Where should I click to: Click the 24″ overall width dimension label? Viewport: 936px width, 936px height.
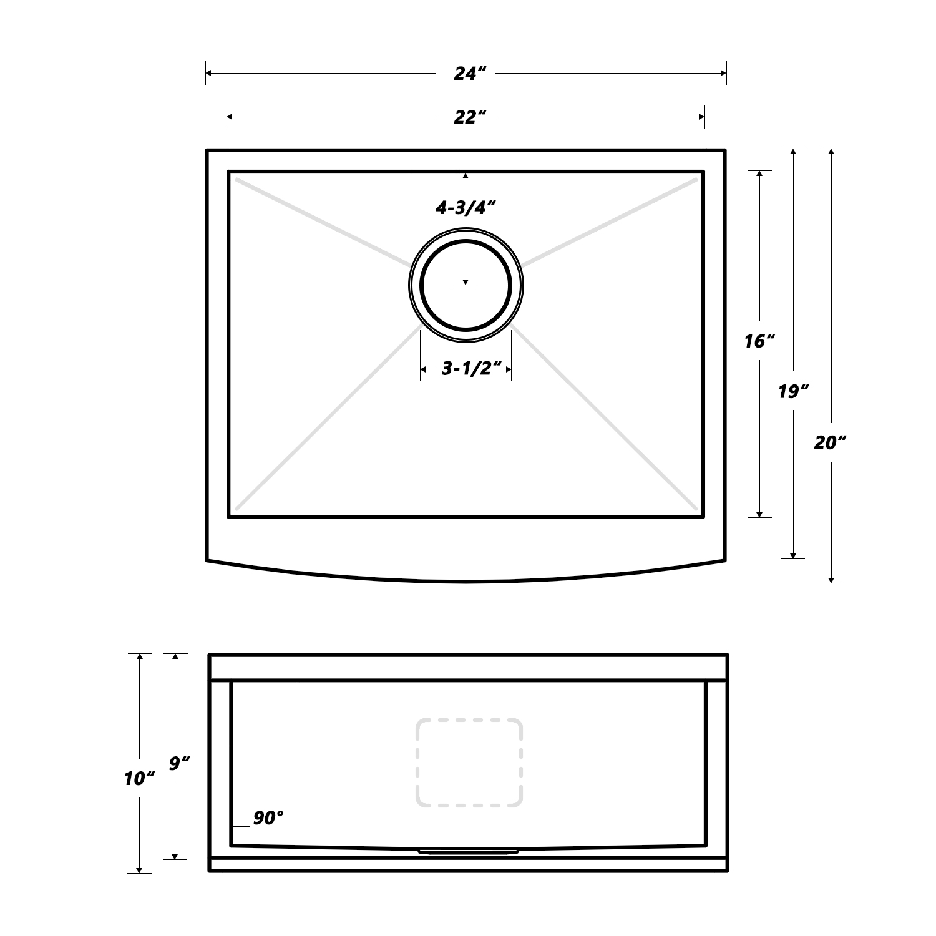[x=470, y=74]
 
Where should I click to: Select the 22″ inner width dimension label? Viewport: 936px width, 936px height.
[x=470, y=117]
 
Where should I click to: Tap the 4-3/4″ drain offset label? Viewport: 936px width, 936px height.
[x=466, y=207]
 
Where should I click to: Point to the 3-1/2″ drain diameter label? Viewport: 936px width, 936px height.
[x=472, y=368]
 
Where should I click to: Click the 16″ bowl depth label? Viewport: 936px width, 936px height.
[x=759, y=341]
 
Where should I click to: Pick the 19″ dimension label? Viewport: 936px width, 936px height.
[x=794, y=392]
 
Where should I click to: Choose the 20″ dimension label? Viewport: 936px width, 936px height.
[x=830, y=442]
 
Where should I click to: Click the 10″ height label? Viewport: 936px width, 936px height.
[x=139, y=779]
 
